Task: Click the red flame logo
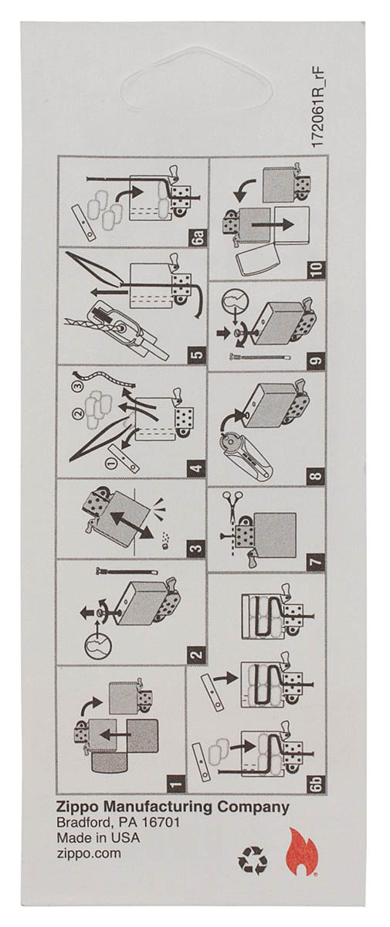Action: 299,852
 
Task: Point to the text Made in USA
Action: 97,839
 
